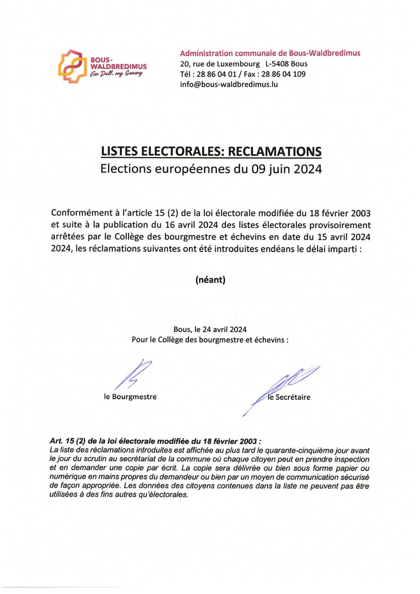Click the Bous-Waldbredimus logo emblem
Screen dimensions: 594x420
(x=72, y=66)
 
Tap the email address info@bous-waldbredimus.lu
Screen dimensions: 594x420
(x=229, y=85)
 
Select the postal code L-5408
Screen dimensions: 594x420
(x=277, y=64)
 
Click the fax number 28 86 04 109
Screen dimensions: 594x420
(x=283, y=74)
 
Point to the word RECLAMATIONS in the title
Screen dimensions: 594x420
(x=275, y=152)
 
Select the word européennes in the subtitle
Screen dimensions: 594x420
(x=193, y=169)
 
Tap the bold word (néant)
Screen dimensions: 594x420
(x=210, y=280)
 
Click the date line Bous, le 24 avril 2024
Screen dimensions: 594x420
(x=210, y=329)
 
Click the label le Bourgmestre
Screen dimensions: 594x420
(x=130, y=397)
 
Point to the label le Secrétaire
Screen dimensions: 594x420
(x=289, y=397)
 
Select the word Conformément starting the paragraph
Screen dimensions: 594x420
(x=82, y=213)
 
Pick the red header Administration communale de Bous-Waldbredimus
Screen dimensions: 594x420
(x=270, y=53)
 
